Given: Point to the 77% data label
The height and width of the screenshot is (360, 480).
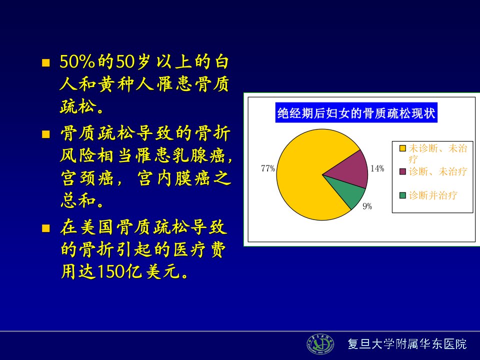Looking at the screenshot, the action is pos(268,168).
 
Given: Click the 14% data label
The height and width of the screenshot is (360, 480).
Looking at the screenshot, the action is pos(377,168).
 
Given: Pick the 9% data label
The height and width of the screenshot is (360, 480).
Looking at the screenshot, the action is pos(367,206).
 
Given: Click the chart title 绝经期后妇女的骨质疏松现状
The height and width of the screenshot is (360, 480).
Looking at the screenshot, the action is pos(356,113).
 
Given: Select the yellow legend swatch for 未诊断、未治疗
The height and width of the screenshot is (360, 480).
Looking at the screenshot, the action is pos(402,148).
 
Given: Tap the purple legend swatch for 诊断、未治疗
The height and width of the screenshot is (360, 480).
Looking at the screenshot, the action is pos(402,171).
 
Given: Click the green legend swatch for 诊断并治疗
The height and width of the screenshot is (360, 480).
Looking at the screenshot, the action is pos(402,195).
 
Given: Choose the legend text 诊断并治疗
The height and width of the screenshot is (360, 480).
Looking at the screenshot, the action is pos(433,195).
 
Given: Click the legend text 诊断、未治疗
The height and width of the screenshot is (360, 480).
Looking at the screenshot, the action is pos(438,171).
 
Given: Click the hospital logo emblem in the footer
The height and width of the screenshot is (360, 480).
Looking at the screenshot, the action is pos(320,344).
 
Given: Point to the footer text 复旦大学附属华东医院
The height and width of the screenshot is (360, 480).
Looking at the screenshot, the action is pos(407,344).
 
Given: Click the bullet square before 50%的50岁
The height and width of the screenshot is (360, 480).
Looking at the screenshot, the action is pos(46,63).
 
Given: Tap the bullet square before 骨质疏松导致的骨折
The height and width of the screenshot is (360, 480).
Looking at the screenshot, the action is pos(46,134).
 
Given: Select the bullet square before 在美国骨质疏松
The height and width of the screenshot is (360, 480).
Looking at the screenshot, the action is pos(46,228).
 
